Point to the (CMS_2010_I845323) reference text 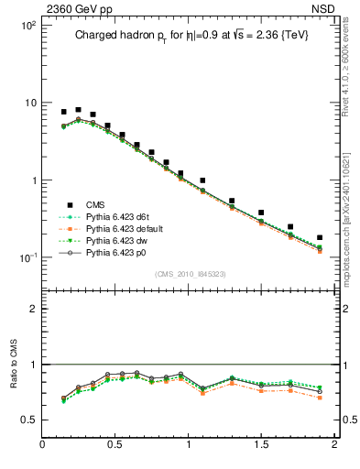[187, 272]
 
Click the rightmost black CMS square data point [320, 237]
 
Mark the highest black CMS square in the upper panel [78, 110]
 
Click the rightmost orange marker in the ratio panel [320, 398]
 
